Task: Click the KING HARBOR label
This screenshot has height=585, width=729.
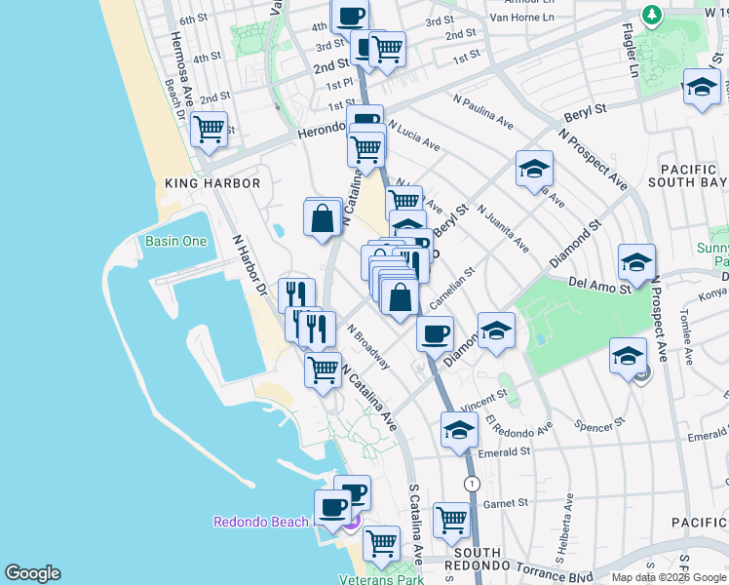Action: (212, 183)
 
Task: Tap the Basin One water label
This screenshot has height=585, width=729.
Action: (175, 241)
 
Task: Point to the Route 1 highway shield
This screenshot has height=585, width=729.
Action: (473, 484)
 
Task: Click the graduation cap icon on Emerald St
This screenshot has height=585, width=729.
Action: (459, 429)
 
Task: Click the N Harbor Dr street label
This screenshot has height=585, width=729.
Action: (249, 263)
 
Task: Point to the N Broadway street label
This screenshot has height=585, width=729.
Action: (368, 348)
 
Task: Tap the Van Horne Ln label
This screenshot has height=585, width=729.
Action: (520, 17)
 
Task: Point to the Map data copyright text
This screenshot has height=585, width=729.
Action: (669, 576)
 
